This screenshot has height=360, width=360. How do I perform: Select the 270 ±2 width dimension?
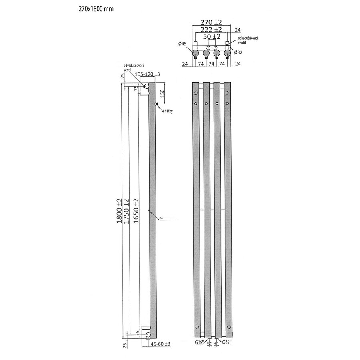211,23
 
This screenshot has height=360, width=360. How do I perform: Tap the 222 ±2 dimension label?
211,30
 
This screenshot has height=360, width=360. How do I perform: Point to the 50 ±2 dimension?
211,36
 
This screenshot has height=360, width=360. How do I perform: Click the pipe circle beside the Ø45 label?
195,53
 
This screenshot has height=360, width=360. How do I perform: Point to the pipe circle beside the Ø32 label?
227,53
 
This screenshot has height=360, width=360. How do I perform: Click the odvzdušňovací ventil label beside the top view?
247,40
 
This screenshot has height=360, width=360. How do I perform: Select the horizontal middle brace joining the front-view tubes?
211,209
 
